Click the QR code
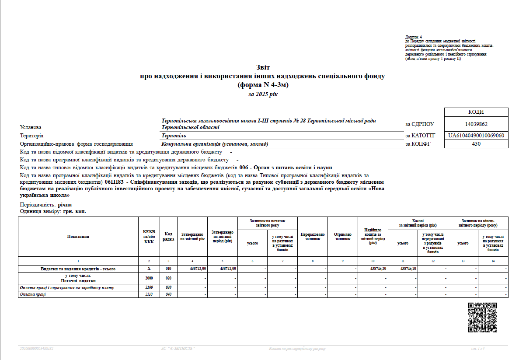[482, 317]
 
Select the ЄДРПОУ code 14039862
[476, 124]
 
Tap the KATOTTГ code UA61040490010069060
[476, 136]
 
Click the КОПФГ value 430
[476, 144]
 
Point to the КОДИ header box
[476, 112]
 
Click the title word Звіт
[263, 67]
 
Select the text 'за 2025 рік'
[263, 94]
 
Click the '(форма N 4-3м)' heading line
[263, 85]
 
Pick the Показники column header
[78, 236]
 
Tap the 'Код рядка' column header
[168, 236]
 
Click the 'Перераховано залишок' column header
[313, 236]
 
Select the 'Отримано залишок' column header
[343, 236]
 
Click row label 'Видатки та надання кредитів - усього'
[78, 269]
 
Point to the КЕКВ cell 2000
[149, 278]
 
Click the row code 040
[168, 294]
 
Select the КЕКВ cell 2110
[149, 294]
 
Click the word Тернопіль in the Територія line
[174, 136]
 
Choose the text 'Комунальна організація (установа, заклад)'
[215, 144]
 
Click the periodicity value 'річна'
[65, 205]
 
